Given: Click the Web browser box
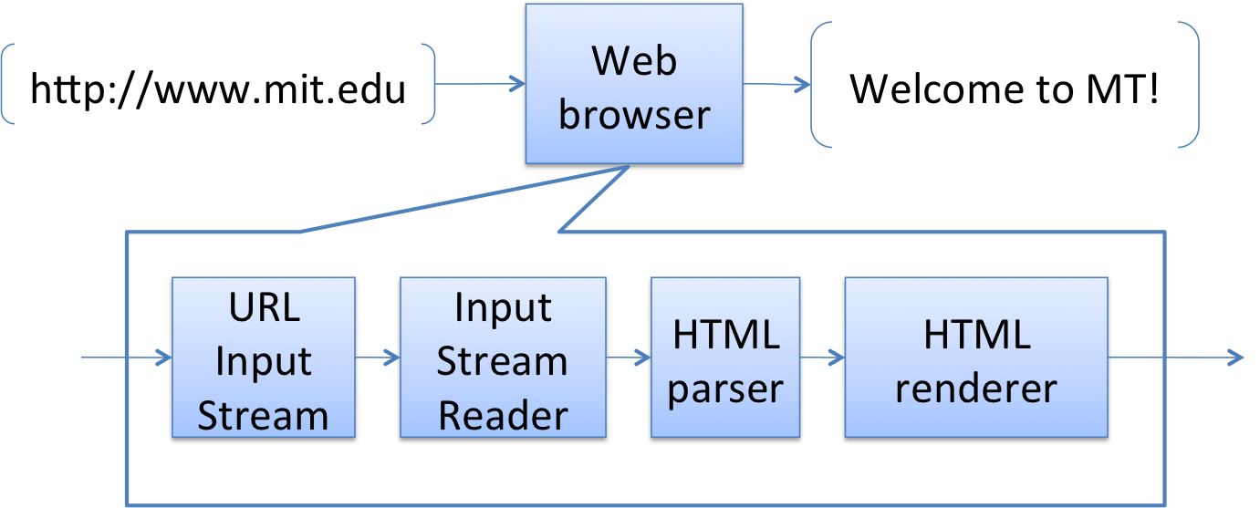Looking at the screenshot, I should pyautogui.click(x=633, y=84).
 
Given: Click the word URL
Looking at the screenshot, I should pyautogui.click(x=263, y=307).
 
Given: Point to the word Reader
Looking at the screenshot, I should pyautogui.click(x=503, y=416).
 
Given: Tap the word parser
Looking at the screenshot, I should pyautogui.click(x=725, y=389).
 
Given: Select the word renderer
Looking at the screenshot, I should pyautogui.click(x=975, y=389).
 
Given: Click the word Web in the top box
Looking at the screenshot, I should pyautogui.click(x=634, y=61).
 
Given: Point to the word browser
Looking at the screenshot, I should pyautogui.click(x=634, y=115).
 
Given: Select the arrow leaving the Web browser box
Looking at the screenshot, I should pyautogui.click(x=776, y=84).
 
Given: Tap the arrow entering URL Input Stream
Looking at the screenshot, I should pyautogui.click(x=128, y=358).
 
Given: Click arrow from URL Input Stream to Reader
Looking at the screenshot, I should pyautogui.click(x=378, y=358).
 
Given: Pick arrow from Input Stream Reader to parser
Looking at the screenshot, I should pyautogui.click(x=629, y=358).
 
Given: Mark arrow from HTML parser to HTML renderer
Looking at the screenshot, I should pyautogui.click(x=822, y=358).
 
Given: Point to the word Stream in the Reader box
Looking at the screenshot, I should pyautogui.click(x=503, y=362).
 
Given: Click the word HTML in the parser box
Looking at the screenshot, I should pyautogui.click(x=725, y=335).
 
